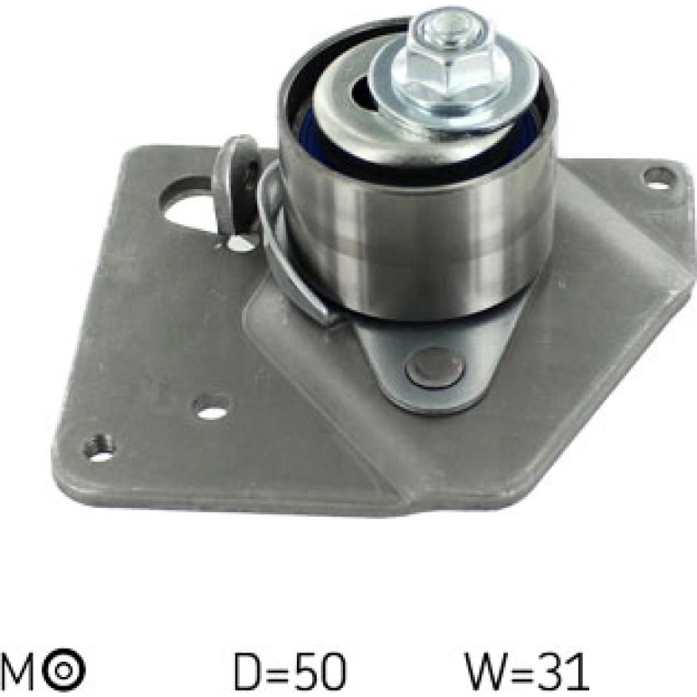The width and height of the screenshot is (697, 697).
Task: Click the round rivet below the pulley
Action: tap(435, 366)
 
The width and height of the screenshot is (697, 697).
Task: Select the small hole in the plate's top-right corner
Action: tap(660, 177)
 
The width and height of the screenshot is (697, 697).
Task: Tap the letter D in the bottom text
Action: tap(246, 671)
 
